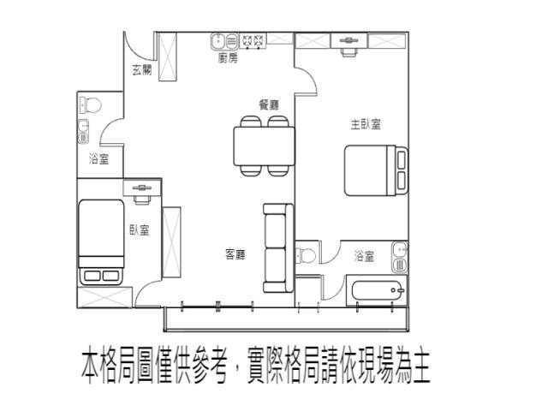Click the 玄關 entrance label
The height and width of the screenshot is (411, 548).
pyautogui.click(x=142, y=70)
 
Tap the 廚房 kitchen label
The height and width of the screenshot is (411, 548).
pyautogui.click(x=228, y=57)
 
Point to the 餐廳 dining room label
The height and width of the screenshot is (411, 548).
pyautogui.click(x=269, y=104)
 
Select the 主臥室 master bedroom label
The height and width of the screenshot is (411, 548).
pyautogui.click(x=366, y=124)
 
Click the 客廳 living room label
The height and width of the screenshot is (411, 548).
pyautogui.click(x=235, y=254)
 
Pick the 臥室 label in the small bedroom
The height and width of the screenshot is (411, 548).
pyautogui.click(x=140, y=229)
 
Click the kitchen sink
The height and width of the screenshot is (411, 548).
pyautogui.click(x=224, y=41)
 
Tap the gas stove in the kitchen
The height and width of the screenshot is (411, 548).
pyautogui.click(x=253, y=41)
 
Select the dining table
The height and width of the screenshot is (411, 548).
pyautogui.click(x=265, y=146)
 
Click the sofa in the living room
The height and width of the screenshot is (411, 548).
pyautogui.click(x=278, y=247)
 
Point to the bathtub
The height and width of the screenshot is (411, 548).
pyautogui.click(x=378, y=290)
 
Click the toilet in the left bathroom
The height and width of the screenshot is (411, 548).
pyautogui.click(x=90, y=104)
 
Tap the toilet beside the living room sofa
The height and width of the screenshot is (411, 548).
pyautogui.click(x=306, y=255)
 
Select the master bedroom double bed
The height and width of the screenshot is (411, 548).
pyautogui.click(x=376, y=170)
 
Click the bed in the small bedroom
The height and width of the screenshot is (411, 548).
pyautogui.click(x=101, y=242)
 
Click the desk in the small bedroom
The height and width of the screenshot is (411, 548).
pyautogui.click(x=142, y=188)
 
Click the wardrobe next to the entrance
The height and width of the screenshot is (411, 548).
pyautogui.click(x=168, y=57)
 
